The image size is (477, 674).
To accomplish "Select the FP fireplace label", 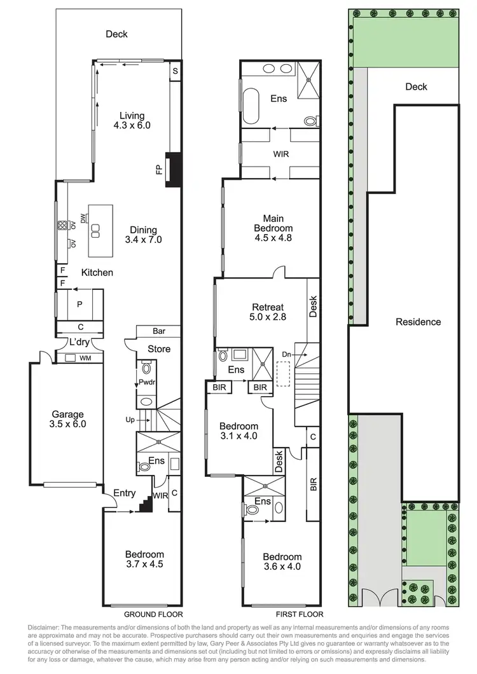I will pyautogui.click(x=158, y=169).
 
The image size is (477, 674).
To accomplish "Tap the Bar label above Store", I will pyautogui.click(x=159, y=331).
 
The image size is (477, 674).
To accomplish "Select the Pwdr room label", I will pyautogui.click(x=146, y=383).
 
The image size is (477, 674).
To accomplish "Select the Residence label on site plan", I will pyautogui.click(x=418, y=322).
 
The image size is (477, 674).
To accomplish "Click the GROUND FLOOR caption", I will pyautogui.click(x=153, y=615).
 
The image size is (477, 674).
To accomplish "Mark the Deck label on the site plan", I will pyautogui.click(x=417, y=87).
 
